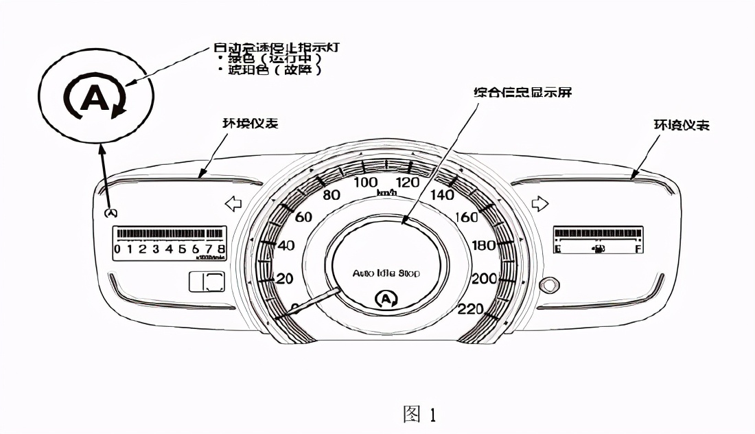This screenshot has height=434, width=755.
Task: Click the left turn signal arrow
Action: coord(234,204)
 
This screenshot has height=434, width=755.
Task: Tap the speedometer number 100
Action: coord(365,182)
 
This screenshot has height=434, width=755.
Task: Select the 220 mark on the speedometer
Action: coord(470,309)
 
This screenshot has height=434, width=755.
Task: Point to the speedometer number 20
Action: coord(284,279)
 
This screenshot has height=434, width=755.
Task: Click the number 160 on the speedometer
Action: coord(466,218)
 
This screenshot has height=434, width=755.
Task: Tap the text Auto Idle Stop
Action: coord(386,273)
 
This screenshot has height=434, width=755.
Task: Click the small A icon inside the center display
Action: coord(387,299)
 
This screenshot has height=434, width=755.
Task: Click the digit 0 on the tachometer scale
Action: coord(118,249)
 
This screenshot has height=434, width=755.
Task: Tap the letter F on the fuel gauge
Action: coord(638,249)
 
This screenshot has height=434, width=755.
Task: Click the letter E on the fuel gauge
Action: coord(557,249)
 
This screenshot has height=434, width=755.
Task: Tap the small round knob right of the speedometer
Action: coord(548,284)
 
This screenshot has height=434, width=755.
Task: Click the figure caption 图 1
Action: coord(419,414)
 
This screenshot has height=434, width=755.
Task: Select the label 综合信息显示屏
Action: coord(522,92)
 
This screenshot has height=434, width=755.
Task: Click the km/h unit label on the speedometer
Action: coord(387,193)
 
